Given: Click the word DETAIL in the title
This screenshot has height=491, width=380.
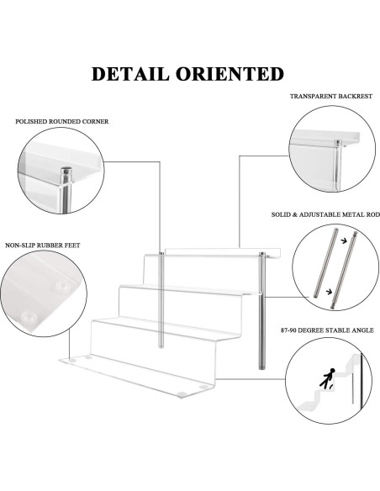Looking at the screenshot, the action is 130,74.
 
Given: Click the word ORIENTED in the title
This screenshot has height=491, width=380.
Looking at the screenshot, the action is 230,74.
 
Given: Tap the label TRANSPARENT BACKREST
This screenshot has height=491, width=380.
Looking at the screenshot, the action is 331,96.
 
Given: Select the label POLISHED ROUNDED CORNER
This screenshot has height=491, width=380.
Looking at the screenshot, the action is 62,121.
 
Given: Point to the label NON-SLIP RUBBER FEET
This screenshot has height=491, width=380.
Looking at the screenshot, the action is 43,245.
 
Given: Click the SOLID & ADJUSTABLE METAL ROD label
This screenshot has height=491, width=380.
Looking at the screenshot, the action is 325,214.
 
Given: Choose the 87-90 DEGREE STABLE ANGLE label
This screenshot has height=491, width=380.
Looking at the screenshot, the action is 327,330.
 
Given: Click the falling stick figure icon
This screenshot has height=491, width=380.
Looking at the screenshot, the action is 327,378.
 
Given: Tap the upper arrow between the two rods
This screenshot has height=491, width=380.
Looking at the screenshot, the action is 344,240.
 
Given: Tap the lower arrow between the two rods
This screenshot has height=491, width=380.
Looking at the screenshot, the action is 329,292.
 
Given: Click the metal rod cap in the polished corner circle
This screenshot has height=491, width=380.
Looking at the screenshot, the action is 66,171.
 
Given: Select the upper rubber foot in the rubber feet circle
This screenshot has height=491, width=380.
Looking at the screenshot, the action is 62,286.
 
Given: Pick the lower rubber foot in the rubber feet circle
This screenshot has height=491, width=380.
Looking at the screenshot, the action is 29,318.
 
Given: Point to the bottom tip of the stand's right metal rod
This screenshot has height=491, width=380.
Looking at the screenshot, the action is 261,368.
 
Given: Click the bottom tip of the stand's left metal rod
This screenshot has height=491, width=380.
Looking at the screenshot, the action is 161,346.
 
